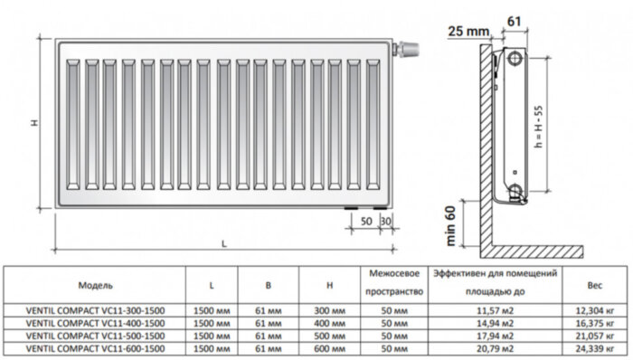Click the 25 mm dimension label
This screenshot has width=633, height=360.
point(468,33)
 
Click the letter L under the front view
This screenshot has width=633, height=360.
point(223,244)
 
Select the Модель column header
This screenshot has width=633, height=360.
point(95,284)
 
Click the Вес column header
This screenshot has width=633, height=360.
point(594,284)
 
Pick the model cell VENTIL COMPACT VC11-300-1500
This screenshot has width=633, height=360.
point(95,310)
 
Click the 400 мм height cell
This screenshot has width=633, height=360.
point(331,323)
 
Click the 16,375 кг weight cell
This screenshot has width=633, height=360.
point(594,323)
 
